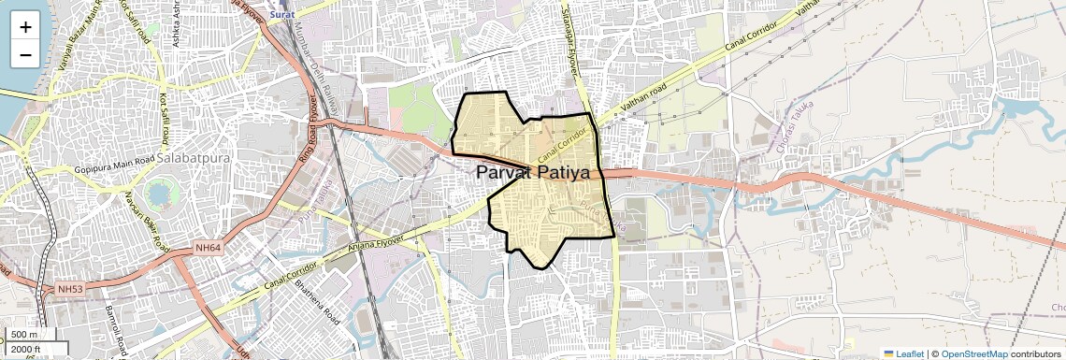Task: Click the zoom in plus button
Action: (x=25, y=26)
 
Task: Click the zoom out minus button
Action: (x=25, y=54)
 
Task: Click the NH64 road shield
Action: (x=208, y=247)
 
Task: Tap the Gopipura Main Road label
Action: (x=113, y=172)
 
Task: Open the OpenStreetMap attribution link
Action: (x=973, y=353)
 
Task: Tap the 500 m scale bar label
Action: (x=24, y=334)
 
